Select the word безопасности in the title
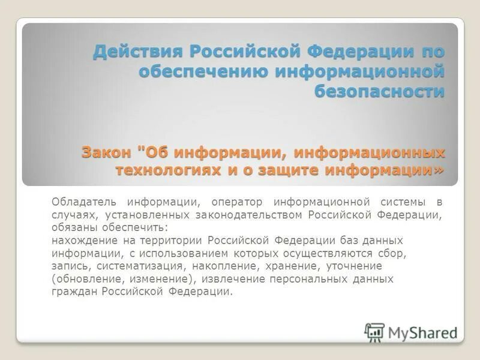(380, 92)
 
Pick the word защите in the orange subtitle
(286, 170)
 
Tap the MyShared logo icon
(375, 332)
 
